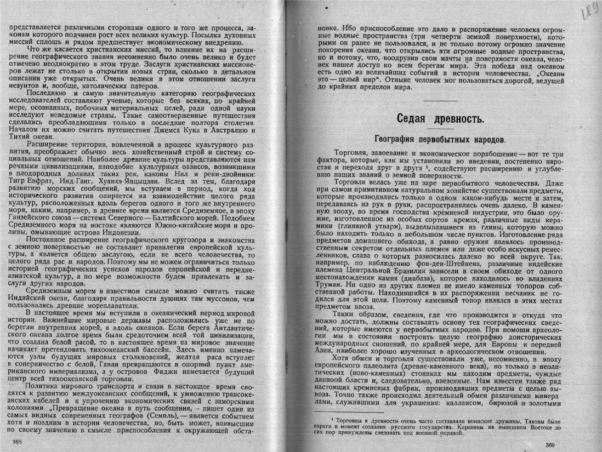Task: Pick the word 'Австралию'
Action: coord(239,130)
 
